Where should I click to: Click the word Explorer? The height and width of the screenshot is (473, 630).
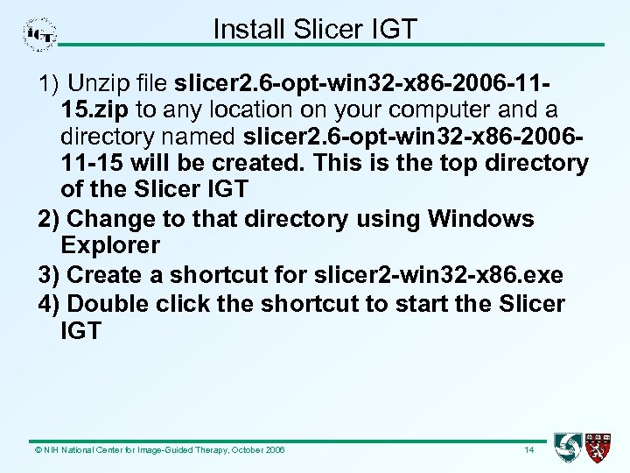(x=110, y=245)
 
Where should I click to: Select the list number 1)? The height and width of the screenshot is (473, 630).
(x=49, y=84)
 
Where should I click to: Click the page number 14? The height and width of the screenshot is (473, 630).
(x=528, y=450)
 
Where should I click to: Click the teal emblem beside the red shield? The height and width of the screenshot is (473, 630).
(x=568, y=448)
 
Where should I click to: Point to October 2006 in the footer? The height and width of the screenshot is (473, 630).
(x=258, y=450)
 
